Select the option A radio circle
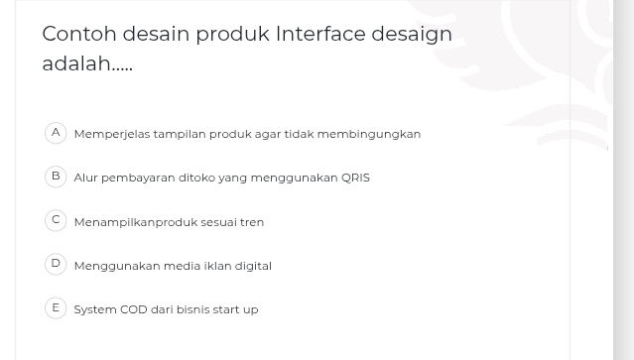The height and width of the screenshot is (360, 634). pos(56,132)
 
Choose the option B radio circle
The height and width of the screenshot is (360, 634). pos(56,177)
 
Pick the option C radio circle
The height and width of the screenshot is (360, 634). pos(56,220)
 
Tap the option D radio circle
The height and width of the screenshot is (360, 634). pos(56,264)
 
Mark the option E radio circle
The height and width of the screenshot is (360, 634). pos(56,307)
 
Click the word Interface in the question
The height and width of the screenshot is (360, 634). pos(319,34)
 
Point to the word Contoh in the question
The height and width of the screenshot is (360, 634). pos(78,34)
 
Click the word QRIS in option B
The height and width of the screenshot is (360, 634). pos(355,179)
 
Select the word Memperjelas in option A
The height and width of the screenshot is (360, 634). pos(107,134)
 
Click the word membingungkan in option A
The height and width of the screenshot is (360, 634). pos(381,134)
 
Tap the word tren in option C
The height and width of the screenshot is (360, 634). pos(253,222)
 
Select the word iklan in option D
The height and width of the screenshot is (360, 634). pos(217,266)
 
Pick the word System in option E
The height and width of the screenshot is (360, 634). pos(95,309)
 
